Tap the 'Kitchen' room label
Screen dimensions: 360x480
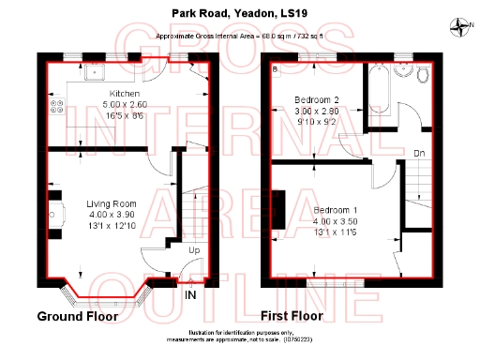(x=125, y=94)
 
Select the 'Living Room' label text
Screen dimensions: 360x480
(x=112, y=203)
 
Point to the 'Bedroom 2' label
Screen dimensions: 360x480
(x=316, y=98)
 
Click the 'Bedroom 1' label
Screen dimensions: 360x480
(x=335, y=209)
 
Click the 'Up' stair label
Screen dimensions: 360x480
(x=194, y=252)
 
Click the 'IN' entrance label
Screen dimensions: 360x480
(x=190, y=296)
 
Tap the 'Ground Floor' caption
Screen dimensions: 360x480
(x=77, y=316)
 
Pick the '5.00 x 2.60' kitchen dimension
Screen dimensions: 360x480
(x=125, y=104)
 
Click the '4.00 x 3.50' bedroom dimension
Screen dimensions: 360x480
(x=335, y=220)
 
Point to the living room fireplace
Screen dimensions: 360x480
(x=54, y=209)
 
